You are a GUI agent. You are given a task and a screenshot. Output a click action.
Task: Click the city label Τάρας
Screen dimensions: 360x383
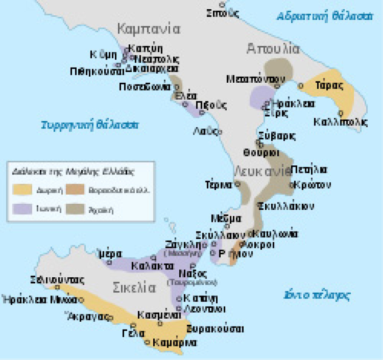[x=330, y=85]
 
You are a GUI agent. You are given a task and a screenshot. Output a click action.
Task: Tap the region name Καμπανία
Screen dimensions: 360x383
[x=148, y=29]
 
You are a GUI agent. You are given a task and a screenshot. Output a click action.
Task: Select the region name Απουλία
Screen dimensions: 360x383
[x=272, y=48]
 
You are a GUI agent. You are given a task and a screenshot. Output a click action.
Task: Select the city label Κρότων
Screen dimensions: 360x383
[x=312, y=185]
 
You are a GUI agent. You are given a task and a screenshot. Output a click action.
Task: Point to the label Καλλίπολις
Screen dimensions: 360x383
[x=340, y=122]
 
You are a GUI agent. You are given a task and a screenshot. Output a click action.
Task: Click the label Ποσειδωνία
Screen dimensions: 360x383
[x=145, y=87]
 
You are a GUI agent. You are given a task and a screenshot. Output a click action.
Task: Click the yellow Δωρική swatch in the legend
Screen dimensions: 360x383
[x=22, y=189]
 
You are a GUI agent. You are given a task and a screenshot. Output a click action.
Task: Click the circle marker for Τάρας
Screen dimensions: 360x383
[x=300, y=86]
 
